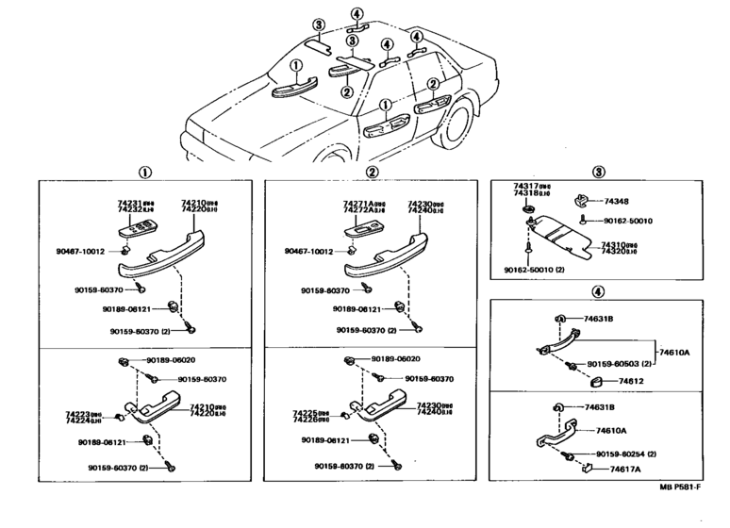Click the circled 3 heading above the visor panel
coord(597,172)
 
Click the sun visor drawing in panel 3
coord(565,236)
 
